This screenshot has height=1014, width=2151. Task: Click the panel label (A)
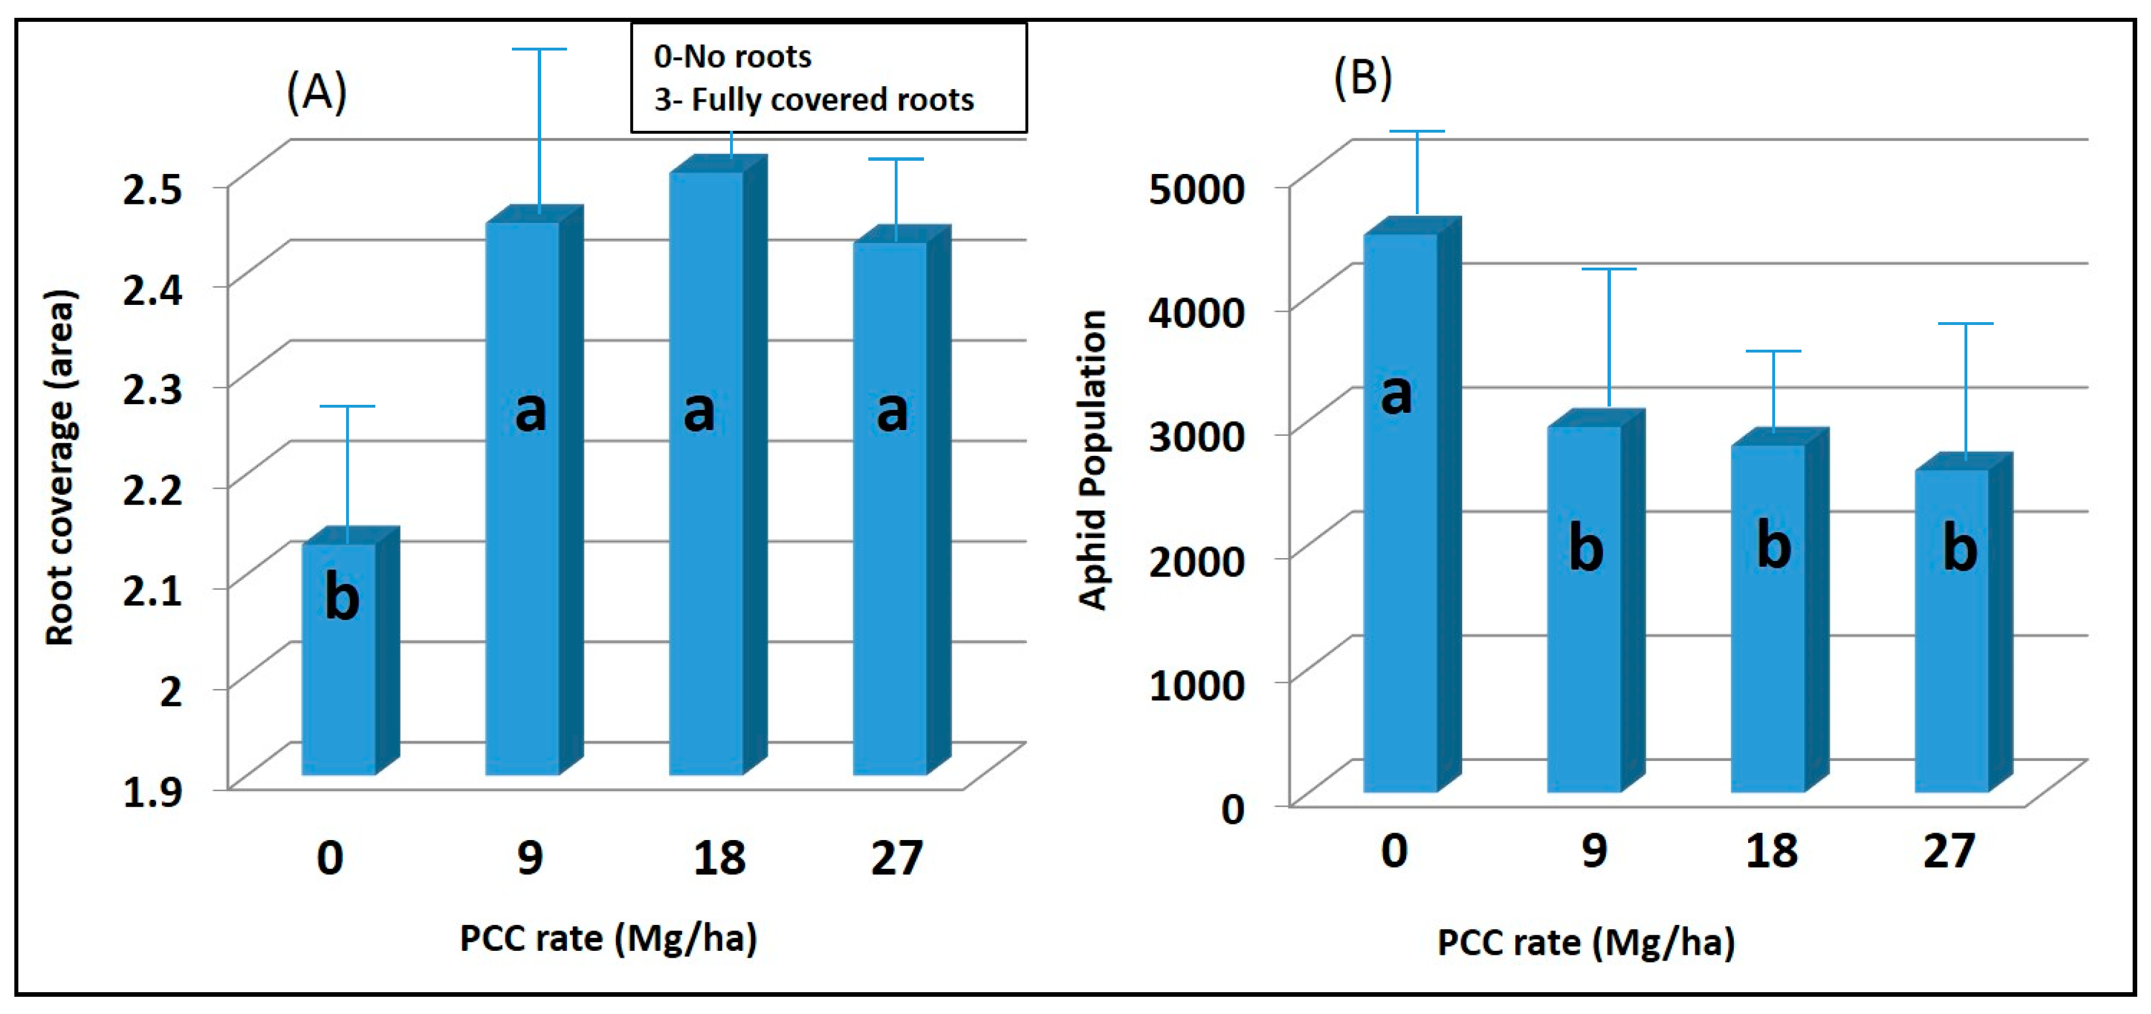pyautogui.click(x=316, y=91)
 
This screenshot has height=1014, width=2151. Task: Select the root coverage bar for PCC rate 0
pyautogui.click(x=338, y=660)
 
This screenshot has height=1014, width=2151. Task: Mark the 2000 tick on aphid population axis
pyautogui.click(x=1197, y=560)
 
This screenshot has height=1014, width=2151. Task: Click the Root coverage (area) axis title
pyautogui.click(x=60, y=468)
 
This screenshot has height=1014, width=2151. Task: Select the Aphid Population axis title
pyautogui.click(x=1092, y=459)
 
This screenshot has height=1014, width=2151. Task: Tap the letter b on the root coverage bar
pyautogui.click(x=341, y=598)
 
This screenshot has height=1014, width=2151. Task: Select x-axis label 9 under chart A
pyautogui.click(x=529, y=857)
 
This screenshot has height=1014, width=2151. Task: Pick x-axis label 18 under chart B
pyautogui.click(x=1771, y=851)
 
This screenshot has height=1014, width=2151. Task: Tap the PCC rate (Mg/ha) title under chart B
pyautogui.click(x=1586, y=942)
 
